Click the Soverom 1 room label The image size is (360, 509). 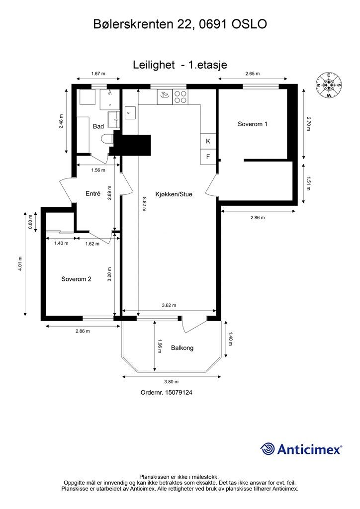click(253, 124)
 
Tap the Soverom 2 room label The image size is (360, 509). click(76, 279)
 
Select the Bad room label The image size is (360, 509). click(98, 126)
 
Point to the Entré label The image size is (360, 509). click(93, 193)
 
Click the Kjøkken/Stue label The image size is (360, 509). click(174, 194)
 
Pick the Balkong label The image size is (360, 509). click(182, 348)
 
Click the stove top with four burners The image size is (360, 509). click(180, 97)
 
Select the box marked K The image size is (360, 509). click(208, 141)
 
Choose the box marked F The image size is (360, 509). click(208, 157)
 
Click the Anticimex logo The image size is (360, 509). click(301, 449)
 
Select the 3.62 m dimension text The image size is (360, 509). click(169, 305)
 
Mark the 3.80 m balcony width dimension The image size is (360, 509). click(171, 382)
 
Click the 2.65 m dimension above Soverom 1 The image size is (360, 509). click(253, 74)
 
